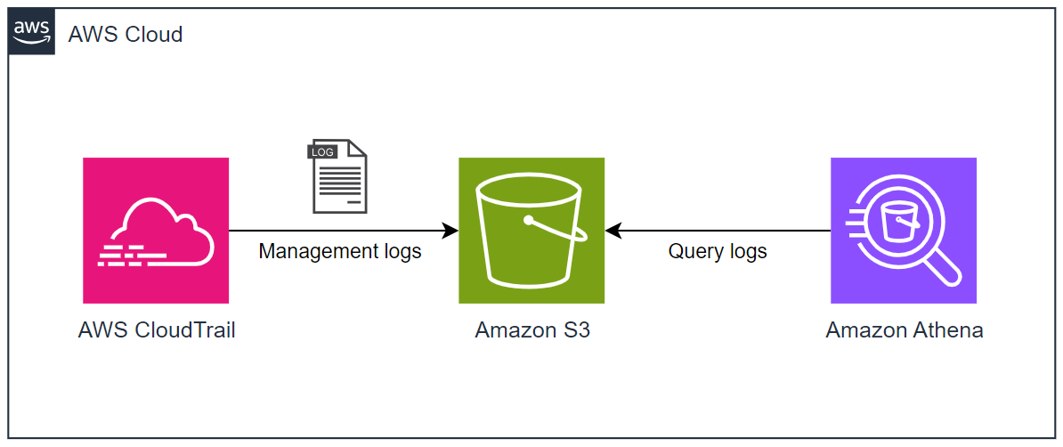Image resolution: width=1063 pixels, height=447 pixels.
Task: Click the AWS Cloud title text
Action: tap(126, 35)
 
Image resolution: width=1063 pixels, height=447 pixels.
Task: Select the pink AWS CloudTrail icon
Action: tap(156, 231)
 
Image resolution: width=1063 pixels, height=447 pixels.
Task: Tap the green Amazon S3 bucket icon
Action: tap(531, 231)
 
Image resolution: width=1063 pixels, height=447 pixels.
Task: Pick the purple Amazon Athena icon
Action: tap(904, 231)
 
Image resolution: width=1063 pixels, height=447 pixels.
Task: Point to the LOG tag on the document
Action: tap(321, 151)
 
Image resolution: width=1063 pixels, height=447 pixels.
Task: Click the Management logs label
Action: tap(340, 252)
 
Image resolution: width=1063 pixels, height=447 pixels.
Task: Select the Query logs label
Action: tap(718, 252)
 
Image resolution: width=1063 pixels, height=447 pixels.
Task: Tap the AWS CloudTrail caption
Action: tap(157, 330)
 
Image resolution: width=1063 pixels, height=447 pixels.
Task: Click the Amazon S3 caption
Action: tap(532, 330)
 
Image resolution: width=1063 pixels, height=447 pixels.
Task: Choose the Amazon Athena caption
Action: tap(905, 330)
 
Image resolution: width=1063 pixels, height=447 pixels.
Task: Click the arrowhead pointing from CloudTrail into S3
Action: tap(450, 231)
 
